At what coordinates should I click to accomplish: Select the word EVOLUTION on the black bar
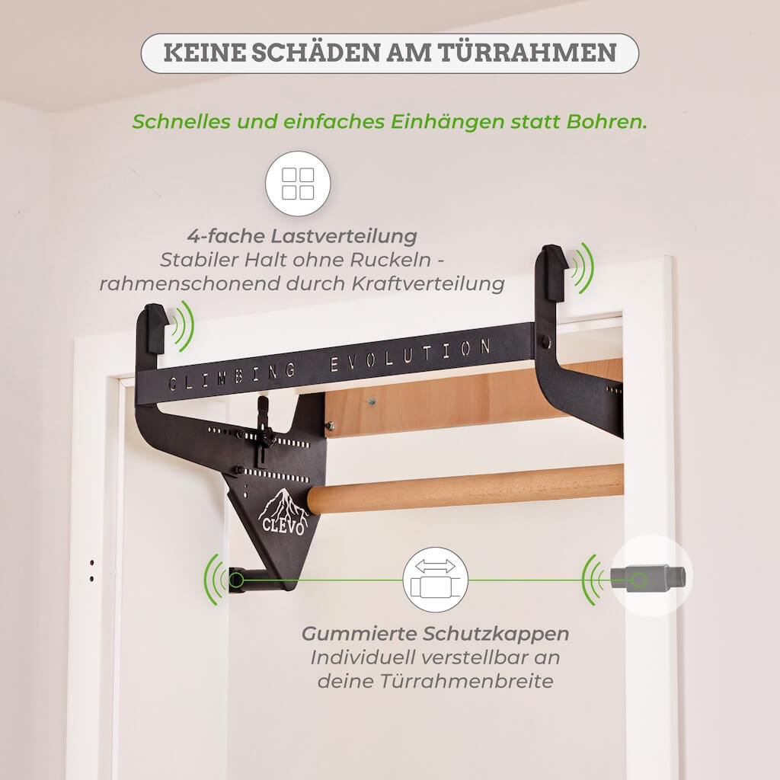point(411,354)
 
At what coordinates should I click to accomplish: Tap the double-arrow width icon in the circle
point(435,580)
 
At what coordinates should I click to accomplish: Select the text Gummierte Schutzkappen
point(435,634)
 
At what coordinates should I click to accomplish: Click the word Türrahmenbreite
point(435,681)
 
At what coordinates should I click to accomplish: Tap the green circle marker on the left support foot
point(236,581)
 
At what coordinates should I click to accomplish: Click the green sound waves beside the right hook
point(583,267)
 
